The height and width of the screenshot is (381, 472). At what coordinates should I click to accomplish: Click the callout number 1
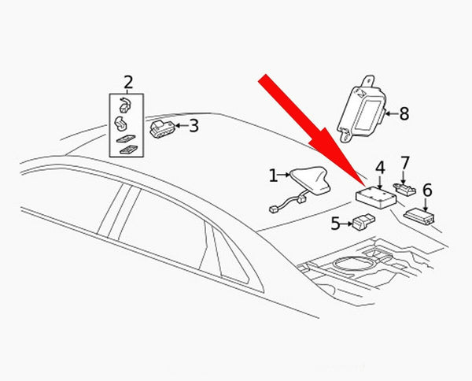point(273,176)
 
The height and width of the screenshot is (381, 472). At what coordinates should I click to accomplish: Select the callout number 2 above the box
point(128,82)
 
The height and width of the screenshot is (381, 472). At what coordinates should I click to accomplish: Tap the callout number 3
point(194,126)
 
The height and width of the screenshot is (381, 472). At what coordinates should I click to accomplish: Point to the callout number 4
point(380,168)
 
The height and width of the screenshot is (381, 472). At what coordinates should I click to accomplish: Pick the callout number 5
point(335,224)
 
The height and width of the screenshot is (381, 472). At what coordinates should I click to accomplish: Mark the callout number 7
point(405,163)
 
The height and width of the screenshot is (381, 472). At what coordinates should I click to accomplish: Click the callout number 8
point(404,114)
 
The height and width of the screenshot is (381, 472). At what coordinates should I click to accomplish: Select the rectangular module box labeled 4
point(376,198)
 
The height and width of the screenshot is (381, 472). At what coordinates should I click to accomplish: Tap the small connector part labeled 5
point(363,222)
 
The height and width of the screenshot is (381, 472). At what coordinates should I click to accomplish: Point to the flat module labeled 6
point(419,216)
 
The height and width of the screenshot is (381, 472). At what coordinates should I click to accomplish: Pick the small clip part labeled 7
point(405,189)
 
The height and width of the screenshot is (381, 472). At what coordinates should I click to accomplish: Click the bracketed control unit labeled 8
point(361,109)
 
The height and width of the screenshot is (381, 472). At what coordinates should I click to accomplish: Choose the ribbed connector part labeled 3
point(162,129)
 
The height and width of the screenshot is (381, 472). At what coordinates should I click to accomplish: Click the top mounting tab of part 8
point(369,81)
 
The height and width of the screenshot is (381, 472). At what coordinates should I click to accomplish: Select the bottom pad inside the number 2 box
point(129,150)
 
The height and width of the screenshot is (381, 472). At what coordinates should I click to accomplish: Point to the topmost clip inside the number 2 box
point(124,105)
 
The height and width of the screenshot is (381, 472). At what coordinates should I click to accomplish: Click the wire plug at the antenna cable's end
point(273,209)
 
